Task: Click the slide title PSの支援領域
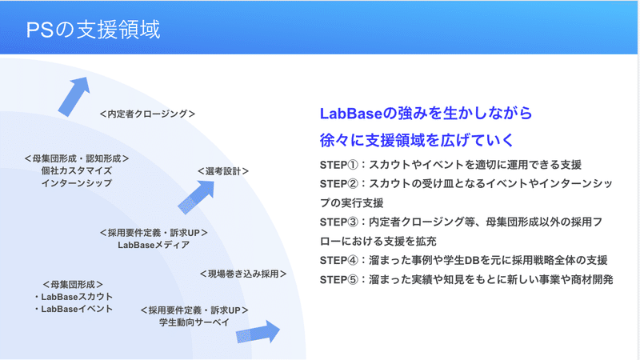(x=93, y=30)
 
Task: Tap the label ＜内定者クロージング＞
(x=147, y=114)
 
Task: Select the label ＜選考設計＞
(x=223, y=171)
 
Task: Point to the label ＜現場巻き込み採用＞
(x=243, y=274)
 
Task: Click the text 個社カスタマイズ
(x=76, y=170)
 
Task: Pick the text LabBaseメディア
(x=154, y=245)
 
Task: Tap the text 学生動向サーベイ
(x=194, y=322)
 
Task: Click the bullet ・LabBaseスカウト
(x=73, y=297)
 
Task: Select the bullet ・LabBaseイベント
(x=73, y=309)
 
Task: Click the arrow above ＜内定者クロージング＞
(x=74, y=96)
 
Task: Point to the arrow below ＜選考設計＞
(x=196, y=197)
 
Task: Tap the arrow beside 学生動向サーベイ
(x=258, y=332)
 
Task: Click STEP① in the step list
(x=339, y=165)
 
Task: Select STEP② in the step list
(x=339, y=184)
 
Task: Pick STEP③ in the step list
(x=339, y=222)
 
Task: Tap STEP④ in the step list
(x=339, y=261)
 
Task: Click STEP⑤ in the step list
(x=339, y=279)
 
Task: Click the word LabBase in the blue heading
(x=350, y=114)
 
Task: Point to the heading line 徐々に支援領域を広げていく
(x=417, y=140)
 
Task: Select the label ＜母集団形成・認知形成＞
(x=77, y=158)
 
